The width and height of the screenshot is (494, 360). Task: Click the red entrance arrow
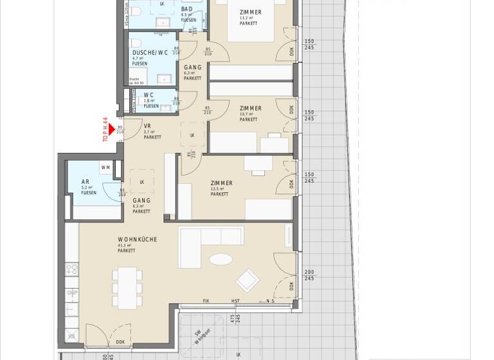click(112, 130)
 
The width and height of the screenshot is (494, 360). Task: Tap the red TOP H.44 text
click(105, 129)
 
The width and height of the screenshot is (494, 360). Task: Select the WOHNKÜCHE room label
click(137, 239)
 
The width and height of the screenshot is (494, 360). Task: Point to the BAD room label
click(187, 9)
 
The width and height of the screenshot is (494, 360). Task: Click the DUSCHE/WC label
click(150, 52)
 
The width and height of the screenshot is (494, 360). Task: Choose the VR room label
click(147, 126)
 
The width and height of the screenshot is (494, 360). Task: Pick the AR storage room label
click(86, 182)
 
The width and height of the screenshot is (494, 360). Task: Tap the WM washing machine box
click(105, 168)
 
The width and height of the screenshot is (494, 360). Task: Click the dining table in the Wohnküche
click(127, 287)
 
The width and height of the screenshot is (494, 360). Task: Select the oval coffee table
click(221, 260)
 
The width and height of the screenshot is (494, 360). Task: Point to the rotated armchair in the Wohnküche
click(248, 280)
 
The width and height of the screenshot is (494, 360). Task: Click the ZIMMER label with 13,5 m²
click(221, 183)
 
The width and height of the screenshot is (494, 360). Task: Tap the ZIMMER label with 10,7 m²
click(250, 108)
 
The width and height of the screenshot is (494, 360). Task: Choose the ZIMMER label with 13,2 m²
click(250, 12)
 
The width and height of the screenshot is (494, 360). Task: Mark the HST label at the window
click(235, 301)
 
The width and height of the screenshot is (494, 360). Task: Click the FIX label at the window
click(206, 301)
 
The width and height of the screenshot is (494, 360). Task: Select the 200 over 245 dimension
click(309, 275)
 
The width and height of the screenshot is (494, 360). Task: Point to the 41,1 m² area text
click(124, 245)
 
